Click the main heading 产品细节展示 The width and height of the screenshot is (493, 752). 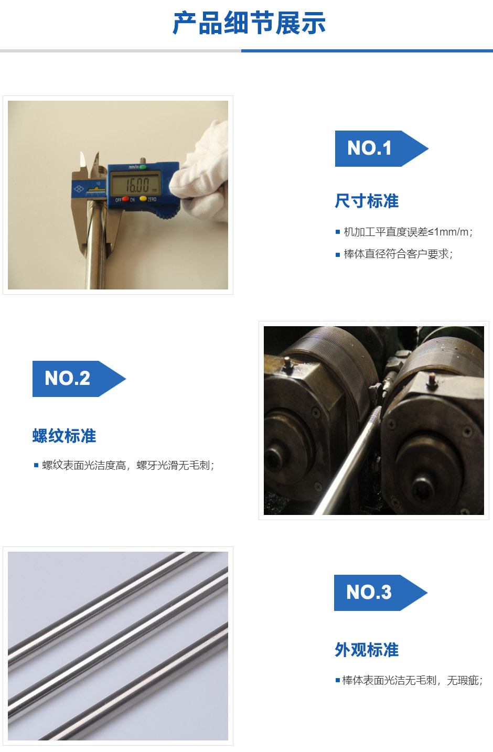point(249,23)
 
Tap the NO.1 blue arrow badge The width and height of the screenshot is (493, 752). point(381,148)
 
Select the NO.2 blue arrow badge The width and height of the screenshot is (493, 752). point(79,379)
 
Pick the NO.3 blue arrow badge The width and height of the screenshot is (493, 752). point(380,593)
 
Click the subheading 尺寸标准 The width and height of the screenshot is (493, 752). point(367,201)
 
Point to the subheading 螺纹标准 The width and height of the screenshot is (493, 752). point(64,436)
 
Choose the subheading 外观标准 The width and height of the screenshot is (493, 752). point(367,650)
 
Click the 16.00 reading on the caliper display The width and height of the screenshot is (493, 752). point(137,185)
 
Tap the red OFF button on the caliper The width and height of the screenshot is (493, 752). point(125,199)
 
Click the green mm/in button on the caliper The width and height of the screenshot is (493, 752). point(143,167)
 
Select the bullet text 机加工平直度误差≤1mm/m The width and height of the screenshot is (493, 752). point(408,232)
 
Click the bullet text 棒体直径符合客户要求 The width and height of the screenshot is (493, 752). point(398,254)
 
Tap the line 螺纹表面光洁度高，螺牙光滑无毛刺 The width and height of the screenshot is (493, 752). point(128,465)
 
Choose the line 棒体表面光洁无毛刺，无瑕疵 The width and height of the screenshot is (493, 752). point(412,680)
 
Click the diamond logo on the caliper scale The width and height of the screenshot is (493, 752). point(79,189)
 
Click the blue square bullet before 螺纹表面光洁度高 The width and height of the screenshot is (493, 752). point(36,465)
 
